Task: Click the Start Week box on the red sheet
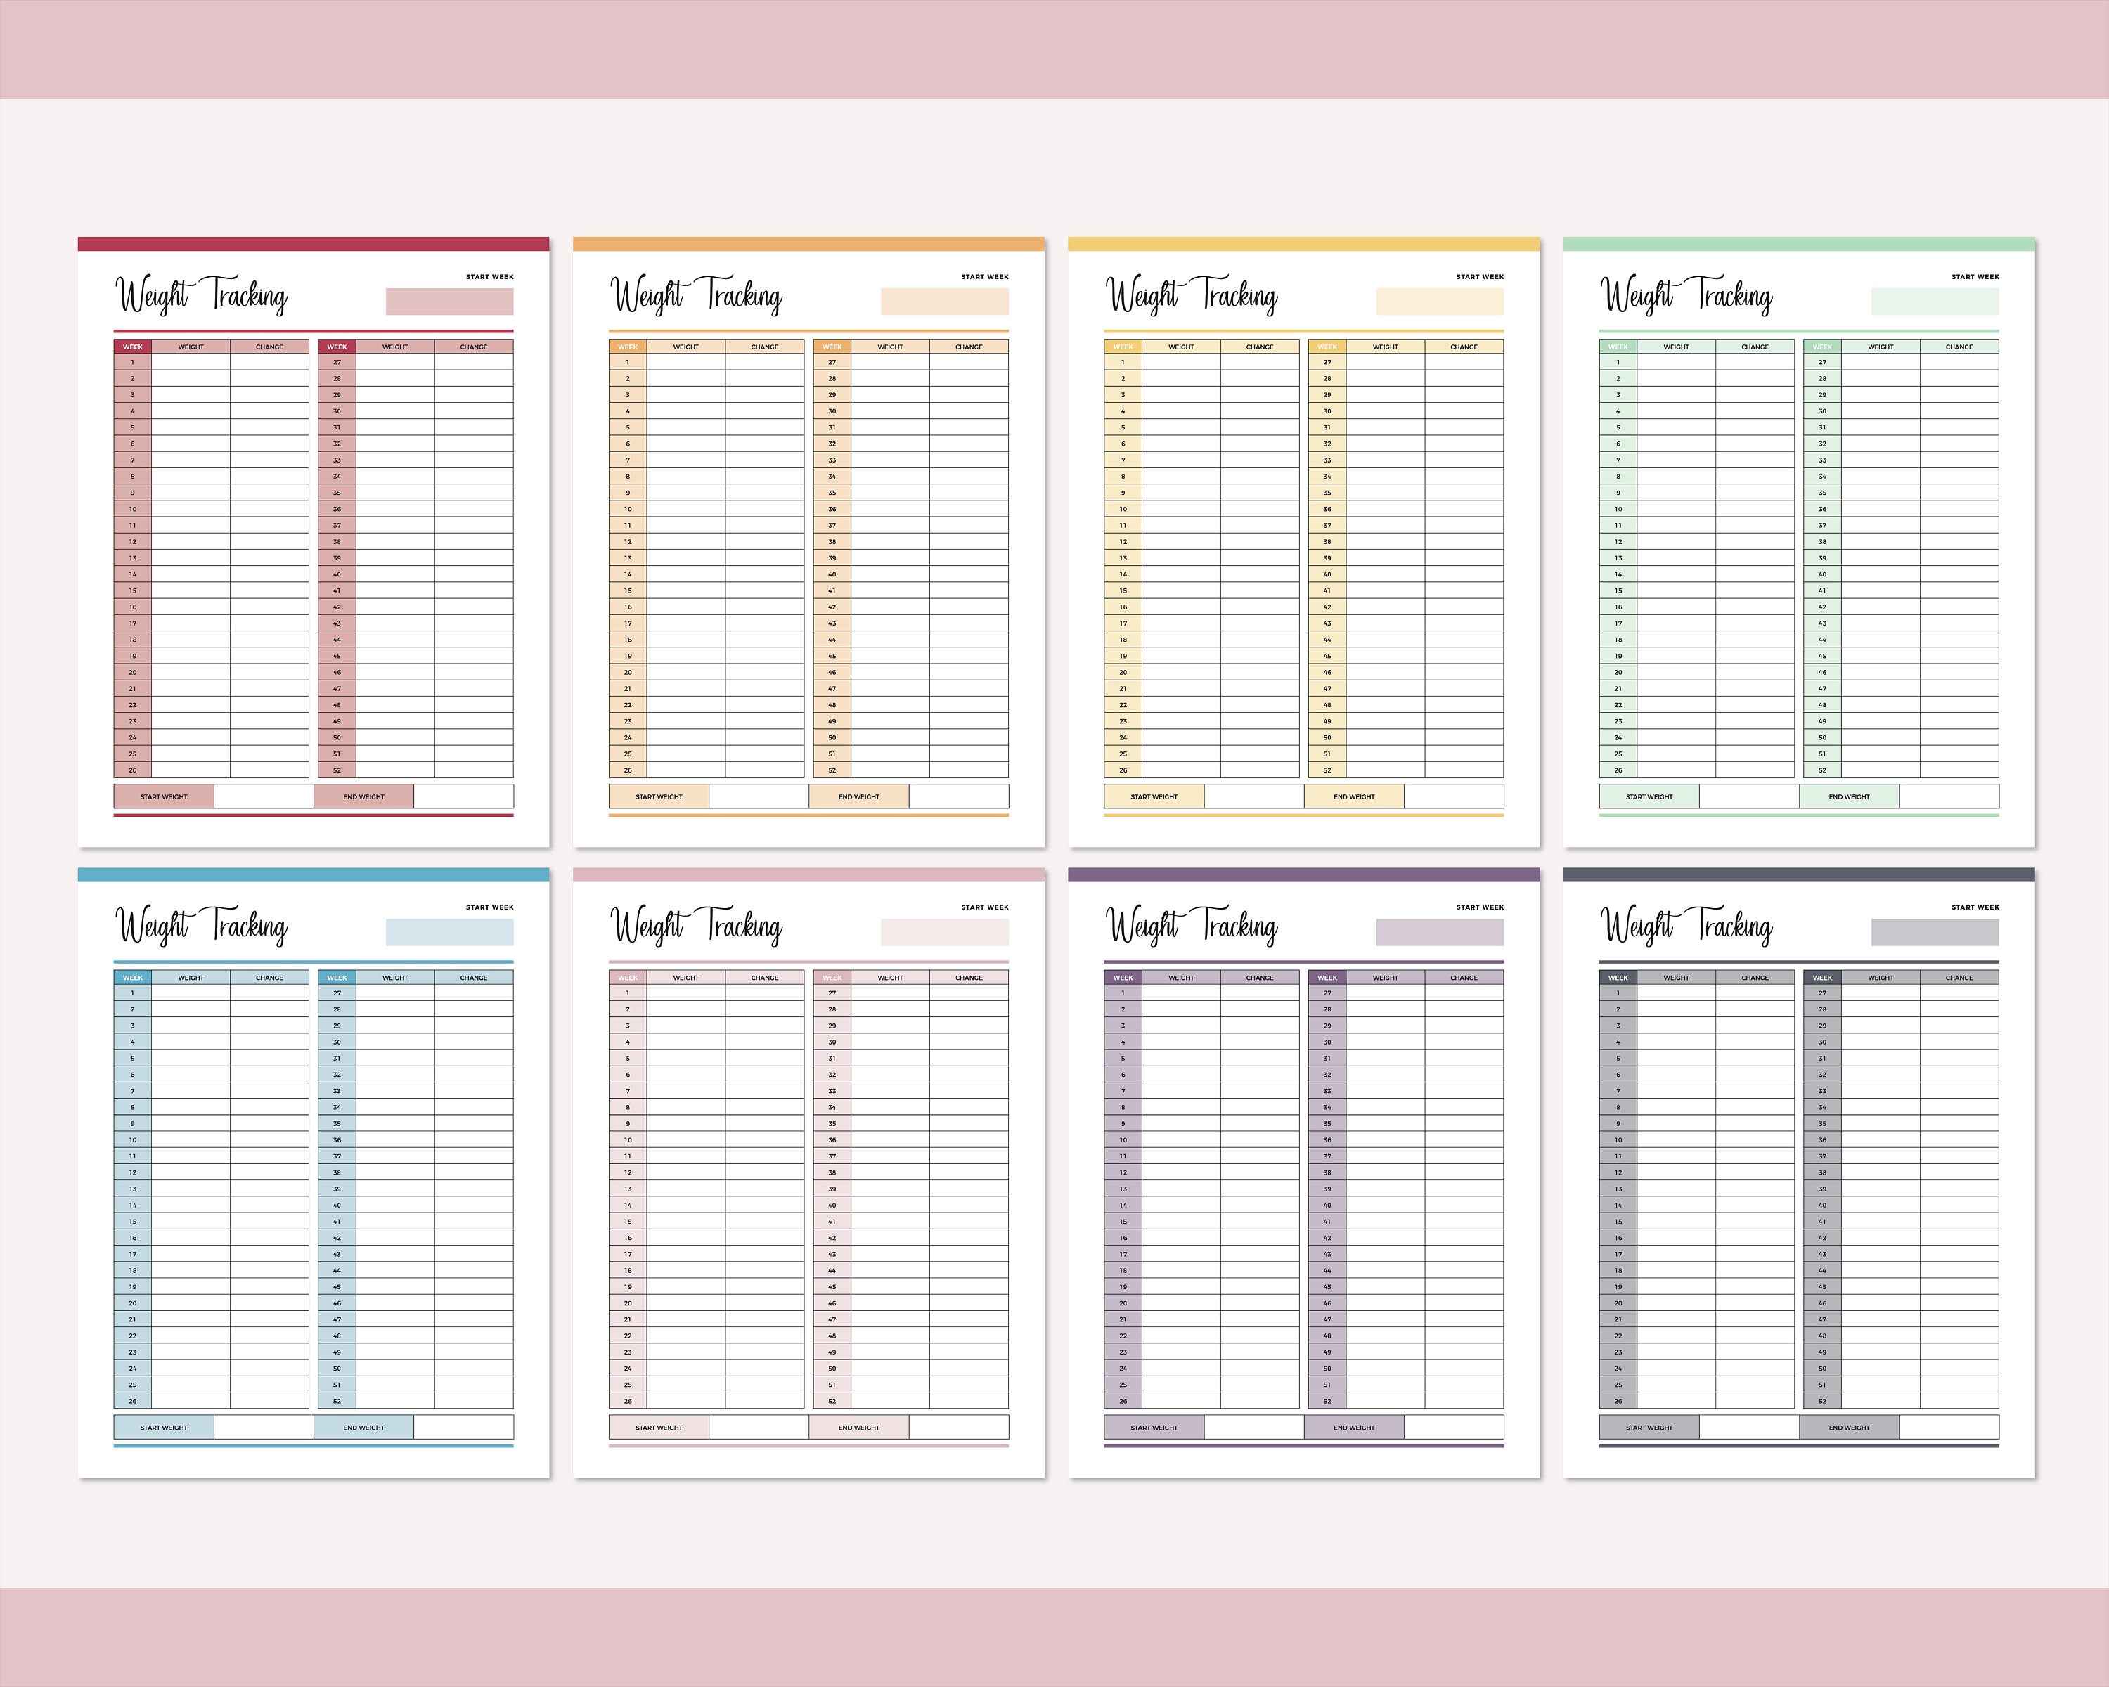pyautogui.click(x=449, y=302)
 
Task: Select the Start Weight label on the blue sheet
pyautogui.click(x=163, y=1428)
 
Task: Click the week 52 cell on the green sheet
pyautogui.click(x=1821, y=770)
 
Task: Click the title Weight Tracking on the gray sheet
pyautogui.click(x=1685, y=927)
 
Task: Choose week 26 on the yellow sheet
pyautogui.click(x=1123, y=770)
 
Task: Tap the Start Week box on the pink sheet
pyautogui.click(x=944, y=932)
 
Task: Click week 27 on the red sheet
pyautogui.click(x=337, y=363)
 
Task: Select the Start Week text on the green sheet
pyautogui.click(x=1975, y=277)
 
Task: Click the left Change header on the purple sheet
pyautogui.click(x=1259, y=978)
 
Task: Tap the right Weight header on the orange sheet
pyautogui.click(x=889, y=347)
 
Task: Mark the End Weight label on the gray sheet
pyautogui.click(x=1849, y=1428)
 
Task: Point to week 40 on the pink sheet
pyautogui.click(x=832, y=1206)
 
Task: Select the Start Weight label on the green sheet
pyautogui.click(x=1649, y=797)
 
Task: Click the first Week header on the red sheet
pyautogui.click(x=133, y=347)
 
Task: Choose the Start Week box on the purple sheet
pyautogui.click(x=1439, y=932)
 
